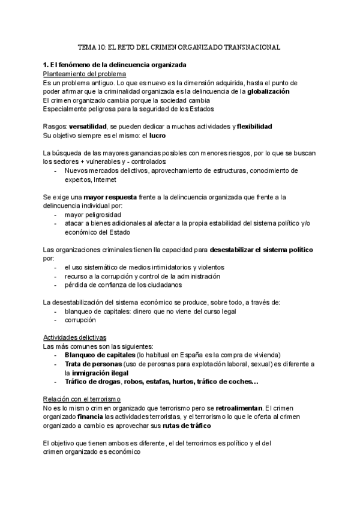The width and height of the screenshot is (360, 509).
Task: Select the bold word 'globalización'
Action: coord(269,91)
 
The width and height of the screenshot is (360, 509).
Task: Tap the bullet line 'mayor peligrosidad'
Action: coord(93,215)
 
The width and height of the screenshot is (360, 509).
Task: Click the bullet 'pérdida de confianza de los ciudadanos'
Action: coord(124,285)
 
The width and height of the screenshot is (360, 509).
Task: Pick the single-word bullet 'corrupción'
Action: coord(80,321)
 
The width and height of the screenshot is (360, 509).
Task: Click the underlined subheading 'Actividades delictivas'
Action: coord(75,338)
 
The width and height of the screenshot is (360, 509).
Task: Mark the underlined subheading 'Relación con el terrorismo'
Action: coord(82,399)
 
